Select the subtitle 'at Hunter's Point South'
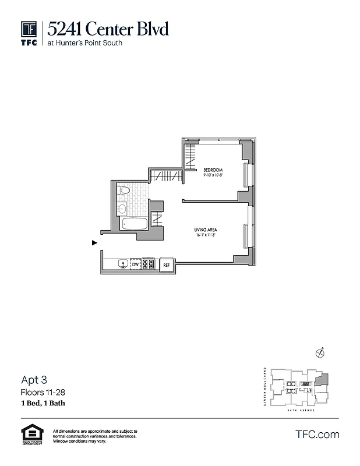pyautogui.click(x=85, y=43)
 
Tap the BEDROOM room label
pyautogui.click(x=213, y=170)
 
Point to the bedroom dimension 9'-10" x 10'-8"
pyautogui.click(x=213, y=175)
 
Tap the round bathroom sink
pyautogui.click(x=122, y=208)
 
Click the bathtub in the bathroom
pyautogui.click(x=135, y=224)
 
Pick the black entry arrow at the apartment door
pyautogui.click(x=94, y=243)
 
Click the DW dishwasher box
pyautogui.click(x=135, y=264)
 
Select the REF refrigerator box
pyautogui.click(x=166, y=264)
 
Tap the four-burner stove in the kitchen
pyautogui.click(x=149, y=264)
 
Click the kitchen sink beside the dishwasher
pyautogui.click(x=122, y=264)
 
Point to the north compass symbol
pyautogui.click(x=319, y=352)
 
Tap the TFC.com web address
pyautogui.click(x=317, y=435)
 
